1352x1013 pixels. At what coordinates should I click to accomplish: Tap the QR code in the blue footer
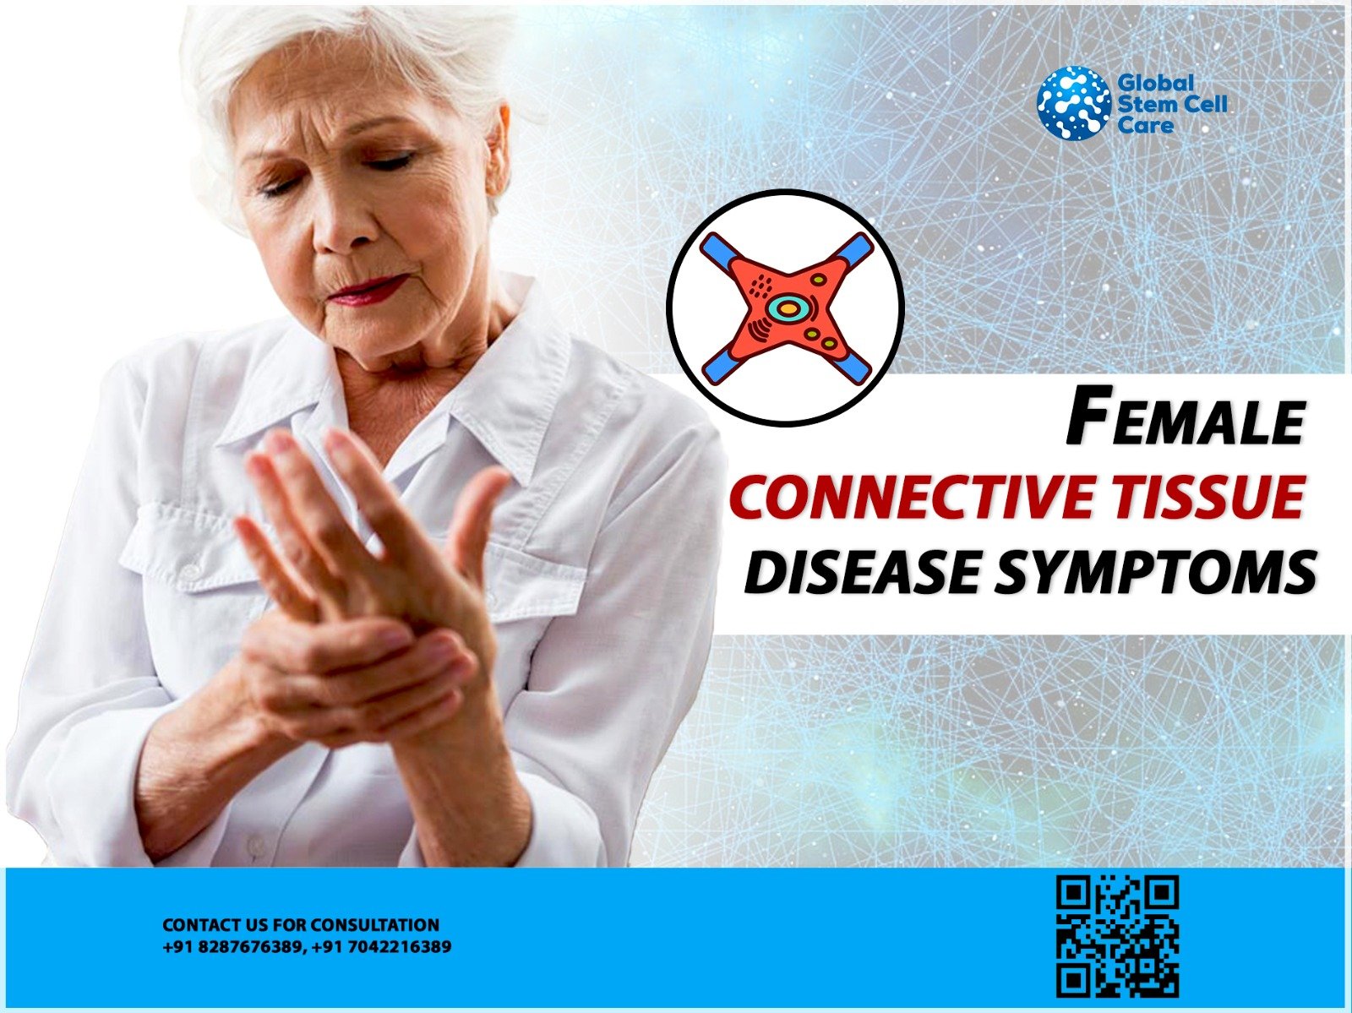[1117, 936]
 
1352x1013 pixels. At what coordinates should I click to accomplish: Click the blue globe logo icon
[1074, 103]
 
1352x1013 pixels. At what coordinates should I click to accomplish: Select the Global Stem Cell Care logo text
[1171, 104]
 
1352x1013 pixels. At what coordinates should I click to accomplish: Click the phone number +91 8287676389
[232, 947]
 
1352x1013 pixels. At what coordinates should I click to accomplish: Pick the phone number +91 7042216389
[381, 947]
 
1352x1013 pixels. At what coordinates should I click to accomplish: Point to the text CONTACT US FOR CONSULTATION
[301, 925]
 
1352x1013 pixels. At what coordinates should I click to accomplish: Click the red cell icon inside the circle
[786, 308]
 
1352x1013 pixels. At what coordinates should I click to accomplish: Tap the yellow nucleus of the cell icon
[787, 309]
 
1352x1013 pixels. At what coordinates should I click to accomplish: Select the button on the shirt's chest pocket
[193, 571]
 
